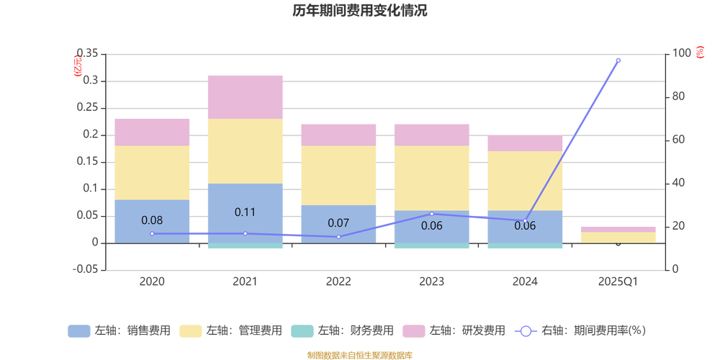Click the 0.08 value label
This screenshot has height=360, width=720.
point(152,220)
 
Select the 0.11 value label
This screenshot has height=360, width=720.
point(246,212)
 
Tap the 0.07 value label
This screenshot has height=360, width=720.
point(338,222)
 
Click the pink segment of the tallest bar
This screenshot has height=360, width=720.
point(246,96)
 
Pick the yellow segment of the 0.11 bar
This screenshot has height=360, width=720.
point(246,151)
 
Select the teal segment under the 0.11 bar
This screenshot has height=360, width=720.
point(246,246)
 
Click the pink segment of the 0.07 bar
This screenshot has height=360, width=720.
point(338,135)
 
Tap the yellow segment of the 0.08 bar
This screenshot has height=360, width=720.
point(152,173)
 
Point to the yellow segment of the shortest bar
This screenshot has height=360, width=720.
point(618,238)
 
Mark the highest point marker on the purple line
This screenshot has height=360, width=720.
point(618,60)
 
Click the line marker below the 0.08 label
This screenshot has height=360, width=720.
point(152,234)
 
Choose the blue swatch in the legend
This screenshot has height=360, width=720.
point(78,331)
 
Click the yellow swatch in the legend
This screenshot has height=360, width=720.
point(190,331)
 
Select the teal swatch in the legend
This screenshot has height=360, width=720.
point(301,331)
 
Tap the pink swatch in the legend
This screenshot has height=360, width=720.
point(413,331)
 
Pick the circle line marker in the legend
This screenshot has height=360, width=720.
point(526,331)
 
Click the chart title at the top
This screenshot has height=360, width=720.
point(359,12)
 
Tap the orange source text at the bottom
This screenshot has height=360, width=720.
point(359,354)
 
